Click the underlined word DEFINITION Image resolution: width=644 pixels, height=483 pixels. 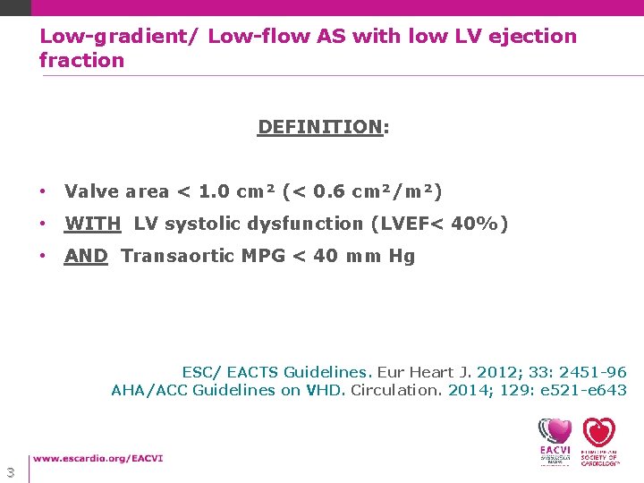click(x=319, y=126)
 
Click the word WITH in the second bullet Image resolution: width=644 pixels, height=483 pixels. click(x=93, y=224)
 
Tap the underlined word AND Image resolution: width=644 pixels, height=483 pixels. click(x=86, y=256)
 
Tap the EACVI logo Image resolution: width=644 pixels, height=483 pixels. click(x=555, y=441)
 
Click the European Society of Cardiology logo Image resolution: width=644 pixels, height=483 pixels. click(x=599, y=441)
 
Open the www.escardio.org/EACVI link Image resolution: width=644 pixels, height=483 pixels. click(x=98, y=459)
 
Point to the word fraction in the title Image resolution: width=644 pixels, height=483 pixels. click(x=81, y=61)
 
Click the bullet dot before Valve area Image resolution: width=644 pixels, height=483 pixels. click(x=43, y=192)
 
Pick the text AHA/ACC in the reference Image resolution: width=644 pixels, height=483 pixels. click(x=148, y=390)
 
